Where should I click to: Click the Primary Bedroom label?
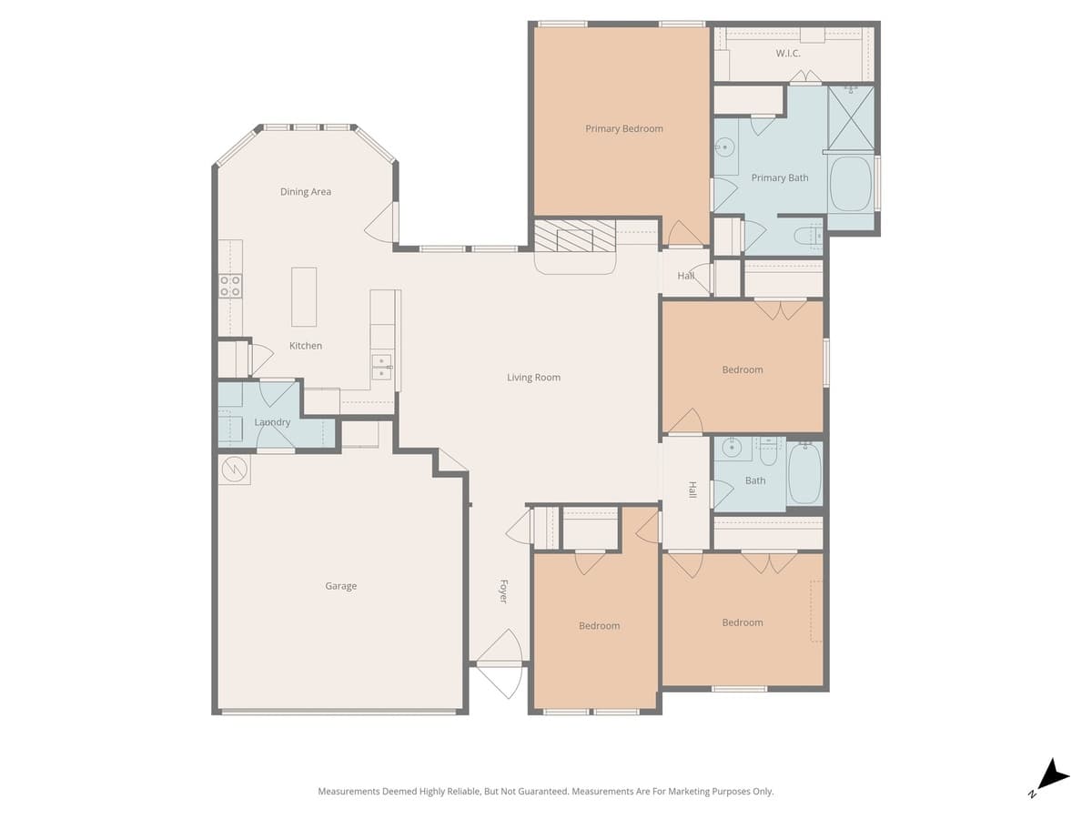point(623,129)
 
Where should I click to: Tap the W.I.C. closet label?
point(788,54)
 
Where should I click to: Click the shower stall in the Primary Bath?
point(851,117)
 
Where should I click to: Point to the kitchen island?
point(304,297)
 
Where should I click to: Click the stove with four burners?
point(230,286)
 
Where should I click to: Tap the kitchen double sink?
point(381,368)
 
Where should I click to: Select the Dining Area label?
point(305,192)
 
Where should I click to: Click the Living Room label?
point(533,378)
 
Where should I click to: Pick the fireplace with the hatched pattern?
point(574,239)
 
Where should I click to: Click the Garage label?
point(340,586)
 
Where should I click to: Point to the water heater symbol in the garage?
point(234,470)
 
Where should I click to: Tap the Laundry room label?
point(272,422)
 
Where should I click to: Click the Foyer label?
point(502,591)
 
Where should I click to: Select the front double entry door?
point(500,664)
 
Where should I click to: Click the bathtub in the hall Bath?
point(804,473)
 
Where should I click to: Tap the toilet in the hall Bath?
point(770,446)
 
